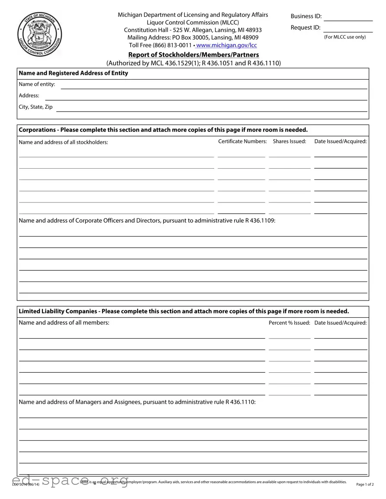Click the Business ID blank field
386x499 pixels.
[348, 17]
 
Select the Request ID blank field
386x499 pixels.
[348, 28]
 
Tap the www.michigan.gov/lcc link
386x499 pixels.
[226, 45]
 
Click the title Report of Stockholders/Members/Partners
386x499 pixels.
[193, 54]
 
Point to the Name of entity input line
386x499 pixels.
[214, 85]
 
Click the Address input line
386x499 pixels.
[206, 96]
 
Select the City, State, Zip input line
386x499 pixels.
[212, 107]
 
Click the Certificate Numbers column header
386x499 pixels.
[242, 141]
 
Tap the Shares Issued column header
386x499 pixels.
[289, 141]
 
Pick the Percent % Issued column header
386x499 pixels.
[289, 323]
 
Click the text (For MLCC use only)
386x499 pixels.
[345, 37]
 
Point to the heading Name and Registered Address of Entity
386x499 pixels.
[74, 73]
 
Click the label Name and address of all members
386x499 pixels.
[64, 322]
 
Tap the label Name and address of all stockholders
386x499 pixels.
[64, 142]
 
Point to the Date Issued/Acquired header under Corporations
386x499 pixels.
[341, 141]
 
